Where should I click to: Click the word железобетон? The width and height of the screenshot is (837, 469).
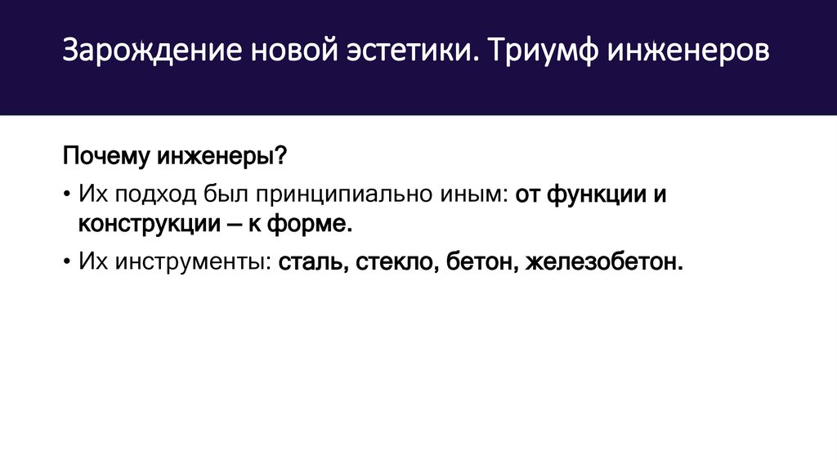[x=604, y=263]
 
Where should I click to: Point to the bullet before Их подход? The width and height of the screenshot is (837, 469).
[x=65, y=195]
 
